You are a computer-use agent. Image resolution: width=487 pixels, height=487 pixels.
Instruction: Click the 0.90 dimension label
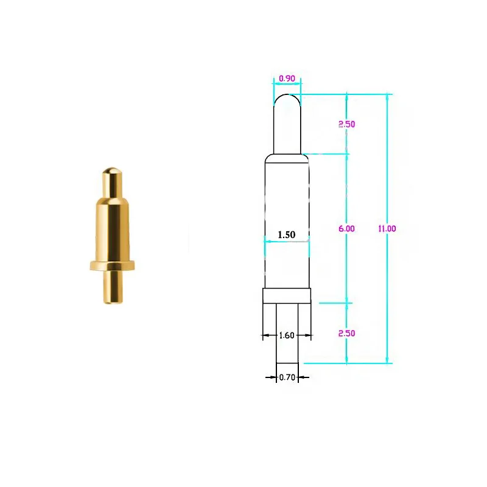(x=286, y=79)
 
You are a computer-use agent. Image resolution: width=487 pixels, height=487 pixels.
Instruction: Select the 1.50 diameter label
(x=287, y=234)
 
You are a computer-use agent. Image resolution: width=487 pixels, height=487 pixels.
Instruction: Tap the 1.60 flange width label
(x=287, y=335)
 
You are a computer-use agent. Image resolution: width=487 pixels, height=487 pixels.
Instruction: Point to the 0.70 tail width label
(x=287, y=377)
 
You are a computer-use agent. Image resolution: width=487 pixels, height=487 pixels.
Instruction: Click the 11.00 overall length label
(x=387, y=228)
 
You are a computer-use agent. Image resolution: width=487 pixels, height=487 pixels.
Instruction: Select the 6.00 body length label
(x=346, y=228)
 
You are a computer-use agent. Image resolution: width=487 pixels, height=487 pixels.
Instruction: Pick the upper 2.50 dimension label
(x=346, y=124)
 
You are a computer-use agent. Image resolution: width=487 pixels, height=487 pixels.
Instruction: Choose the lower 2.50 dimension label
(x=346, y=334)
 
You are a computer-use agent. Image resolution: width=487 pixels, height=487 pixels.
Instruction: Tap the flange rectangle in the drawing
(x=287, y=296)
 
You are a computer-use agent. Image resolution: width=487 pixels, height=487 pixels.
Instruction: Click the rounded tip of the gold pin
(x=110, y=171)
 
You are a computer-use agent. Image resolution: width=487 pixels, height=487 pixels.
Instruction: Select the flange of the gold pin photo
(x=111, y=265)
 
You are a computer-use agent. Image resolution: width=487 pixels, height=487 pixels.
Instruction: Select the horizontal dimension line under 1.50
(x=287, y=242)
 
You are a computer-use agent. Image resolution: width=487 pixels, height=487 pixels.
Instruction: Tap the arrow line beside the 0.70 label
(x=270, y=377)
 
